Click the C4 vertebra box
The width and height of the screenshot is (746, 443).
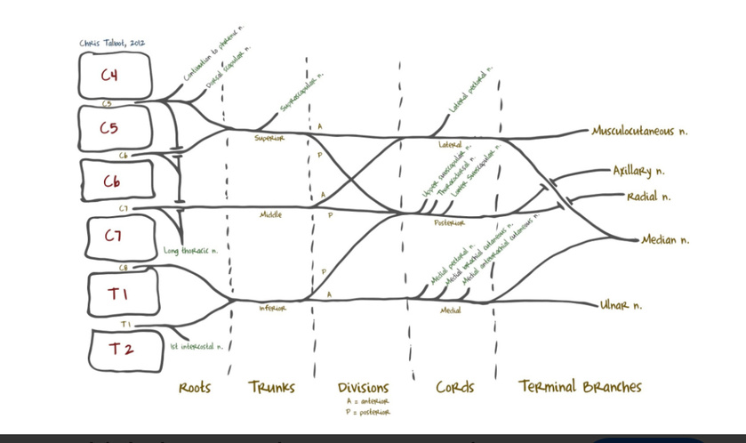[115, 76]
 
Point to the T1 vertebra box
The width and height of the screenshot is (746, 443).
[123, 292]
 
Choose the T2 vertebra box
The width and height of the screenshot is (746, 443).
[124, 349]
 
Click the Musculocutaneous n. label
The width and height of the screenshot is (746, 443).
[639, 131]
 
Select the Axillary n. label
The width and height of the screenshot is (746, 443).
[638, 171]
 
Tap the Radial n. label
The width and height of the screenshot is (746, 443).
[648, 196]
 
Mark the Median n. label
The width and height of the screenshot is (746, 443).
[665, 239]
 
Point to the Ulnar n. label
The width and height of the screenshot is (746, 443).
[621, 305]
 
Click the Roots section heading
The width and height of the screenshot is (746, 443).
[195, 387]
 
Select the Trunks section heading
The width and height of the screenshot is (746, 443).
[271, 387]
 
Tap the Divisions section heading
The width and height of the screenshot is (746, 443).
[363, 388]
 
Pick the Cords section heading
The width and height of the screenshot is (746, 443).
[454, 387]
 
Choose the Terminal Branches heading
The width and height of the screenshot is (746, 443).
[580, 386]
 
